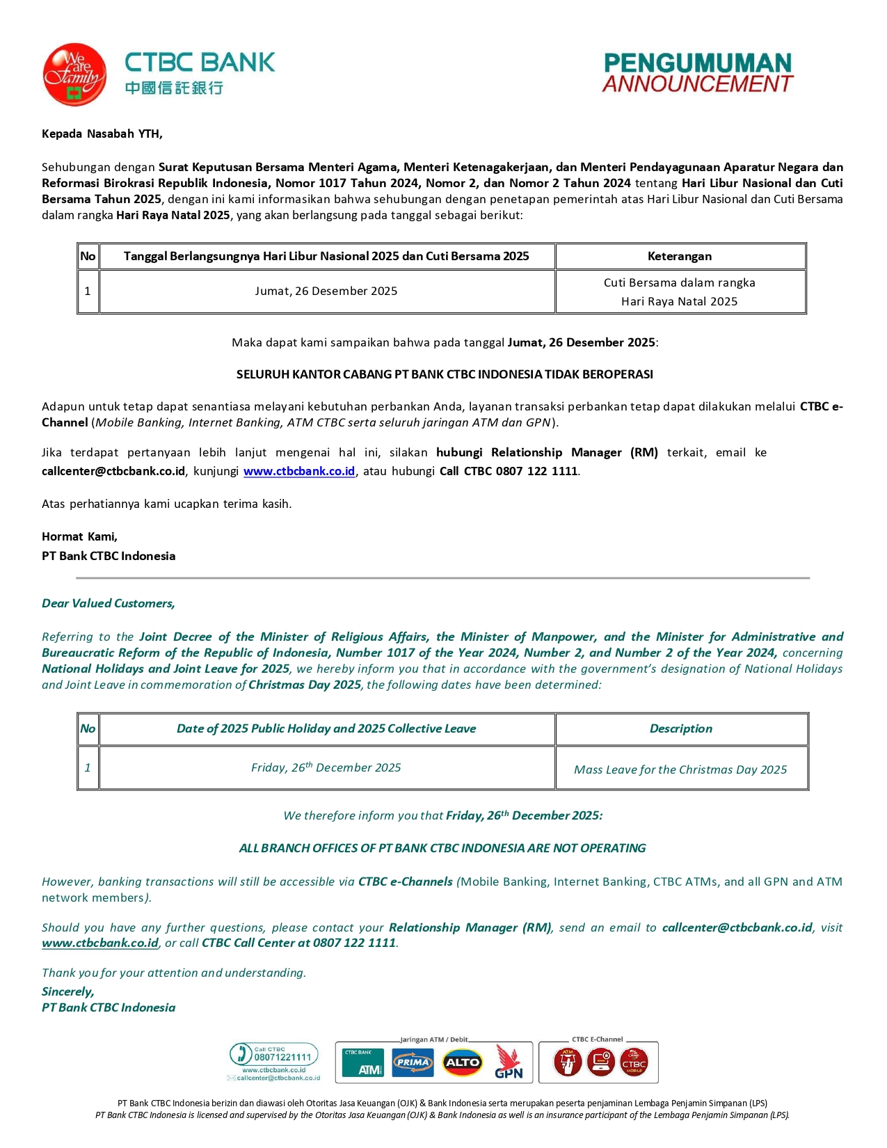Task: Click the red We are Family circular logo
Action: pos(74,74)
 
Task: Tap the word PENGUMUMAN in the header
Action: pos(697,63)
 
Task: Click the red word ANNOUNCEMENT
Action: pos(697,84)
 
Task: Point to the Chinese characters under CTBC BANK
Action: pos(174,88)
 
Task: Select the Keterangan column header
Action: pos(680,256)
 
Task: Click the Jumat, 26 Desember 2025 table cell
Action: pos(326,291)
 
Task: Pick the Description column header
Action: pos(680,728)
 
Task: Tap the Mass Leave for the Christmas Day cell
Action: pos(680,770)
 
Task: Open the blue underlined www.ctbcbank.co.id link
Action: pos(299,471)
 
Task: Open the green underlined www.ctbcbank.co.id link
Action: pos(100,943)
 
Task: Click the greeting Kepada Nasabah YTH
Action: pos(102,134)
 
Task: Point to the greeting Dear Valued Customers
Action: pos(108,603)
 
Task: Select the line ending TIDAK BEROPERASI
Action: pos(445,374)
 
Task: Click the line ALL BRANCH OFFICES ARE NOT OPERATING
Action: pos(442,848)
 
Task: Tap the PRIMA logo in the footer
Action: pos(413,1062)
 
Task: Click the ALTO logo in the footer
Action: pos(463,1062)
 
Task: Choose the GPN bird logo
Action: pos(509,1062)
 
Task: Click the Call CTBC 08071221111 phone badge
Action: pos(274,1055)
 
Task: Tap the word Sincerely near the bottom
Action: pos(67,991)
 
